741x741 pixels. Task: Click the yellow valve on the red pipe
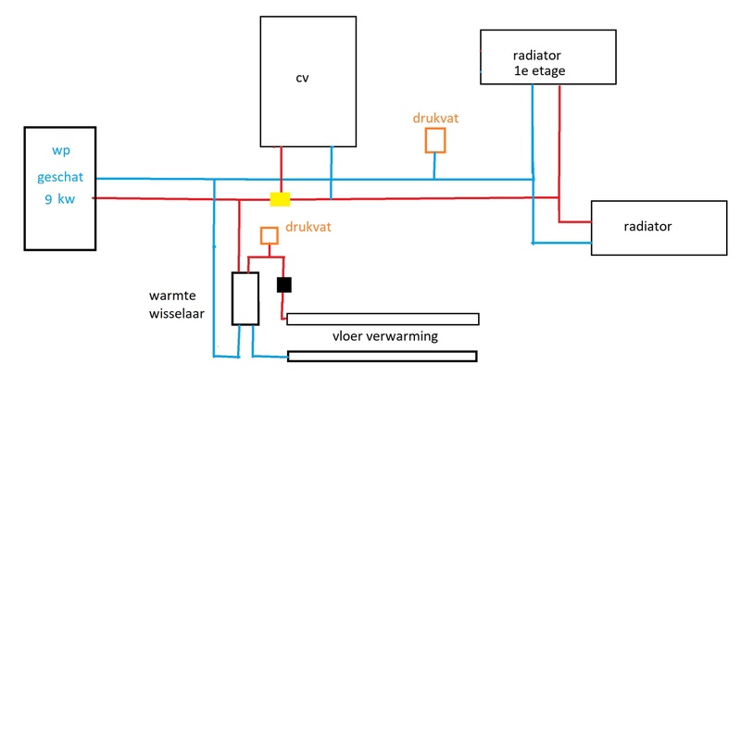[279, 199]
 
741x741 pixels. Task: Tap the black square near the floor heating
[284, 284]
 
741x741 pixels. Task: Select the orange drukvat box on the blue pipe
[434, 140]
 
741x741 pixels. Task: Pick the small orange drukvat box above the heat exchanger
[269, 235]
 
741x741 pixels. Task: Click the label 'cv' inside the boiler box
[302, 78]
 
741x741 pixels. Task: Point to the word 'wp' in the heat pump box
[59, 151]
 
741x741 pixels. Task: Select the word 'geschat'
[60, 175]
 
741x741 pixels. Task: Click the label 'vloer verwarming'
[384, 337]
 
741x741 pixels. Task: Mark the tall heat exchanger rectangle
[245, 298]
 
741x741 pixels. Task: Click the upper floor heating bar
[383, 320]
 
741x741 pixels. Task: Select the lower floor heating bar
[383, 357]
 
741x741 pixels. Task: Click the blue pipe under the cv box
[331, 171]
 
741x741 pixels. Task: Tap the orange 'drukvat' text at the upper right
[435, 119]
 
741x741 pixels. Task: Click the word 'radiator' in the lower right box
[648, 226]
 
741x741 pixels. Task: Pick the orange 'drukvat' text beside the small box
[308, 226]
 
